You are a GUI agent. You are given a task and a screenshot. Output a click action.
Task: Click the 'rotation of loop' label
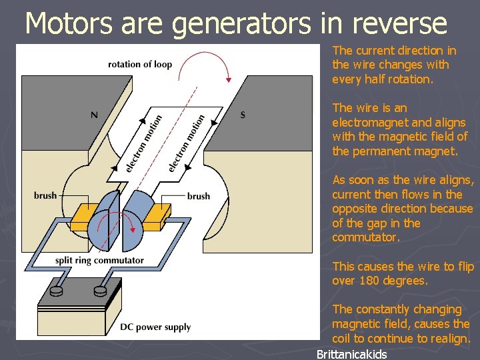click(140, 65)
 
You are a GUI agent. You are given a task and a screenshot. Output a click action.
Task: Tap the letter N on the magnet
click(94, 115)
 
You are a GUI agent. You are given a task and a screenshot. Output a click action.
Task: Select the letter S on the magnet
click(243, 115)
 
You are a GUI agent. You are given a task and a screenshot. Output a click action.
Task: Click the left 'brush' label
click(45, 196)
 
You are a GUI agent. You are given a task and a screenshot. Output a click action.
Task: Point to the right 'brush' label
click(199, 196)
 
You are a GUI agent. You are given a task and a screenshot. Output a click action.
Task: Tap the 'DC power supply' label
click(155, 327)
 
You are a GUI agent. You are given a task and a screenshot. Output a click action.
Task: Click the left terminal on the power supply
click(55, 290)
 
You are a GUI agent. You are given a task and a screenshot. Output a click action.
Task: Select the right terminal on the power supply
click(101, 290)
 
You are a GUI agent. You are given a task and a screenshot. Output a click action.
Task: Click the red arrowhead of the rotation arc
click(228, 79)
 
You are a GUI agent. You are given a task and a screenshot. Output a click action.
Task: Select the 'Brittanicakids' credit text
click(351, 354)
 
